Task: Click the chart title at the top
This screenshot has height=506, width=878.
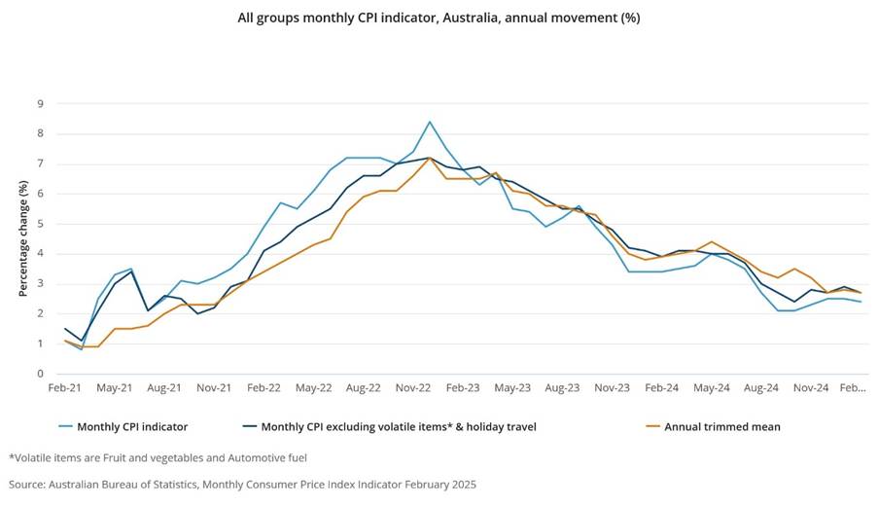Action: tap(439, 18)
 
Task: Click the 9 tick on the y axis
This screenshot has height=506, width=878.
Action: tap(41, 103)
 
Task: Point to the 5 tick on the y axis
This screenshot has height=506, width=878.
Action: tap(41, 224)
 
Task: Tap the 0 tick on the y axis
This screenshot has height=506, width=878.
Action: tap(41, 374)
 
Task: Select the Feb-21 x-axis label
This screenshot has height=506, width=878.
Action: tap(65, 387)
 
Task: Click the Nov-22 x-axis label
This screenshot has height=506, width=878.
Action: tap(412, 387)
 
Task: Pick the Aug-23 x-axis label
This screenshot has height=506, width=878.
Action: tap(562, 387)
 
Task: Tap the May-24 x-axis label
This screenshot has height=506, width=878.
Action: tap(712, 387)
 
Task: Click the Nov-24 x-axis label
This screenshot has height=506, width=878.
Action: tap(811, 387)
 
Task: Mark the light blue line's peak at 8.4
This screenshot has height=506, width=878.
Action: tap(429, 122)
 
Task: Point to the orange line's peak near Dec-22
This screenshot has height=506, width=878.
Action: tap(429, 158)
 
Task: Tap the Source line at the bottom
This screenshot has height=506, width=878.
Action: tap(243, 484)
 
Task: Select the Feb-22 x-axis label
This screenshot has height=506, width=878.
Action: tap(264, 387)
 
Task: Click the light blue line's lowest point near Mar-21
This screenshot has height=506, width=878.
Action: tap(82, 349)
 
